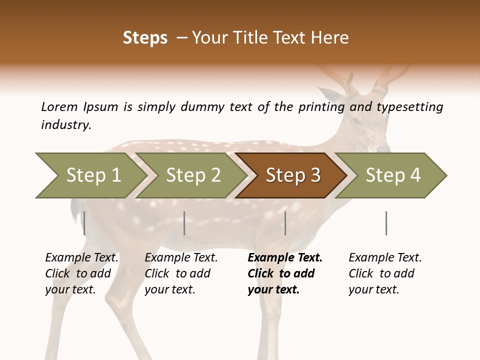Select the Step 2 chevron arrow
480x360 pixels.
click(x=193, y=175)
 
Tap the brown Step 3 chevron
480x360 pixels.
click(x=293, y=175)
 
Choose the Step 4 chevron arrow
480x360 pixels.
click(x=393, y=175)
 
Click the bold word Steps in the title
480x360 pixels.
click(x=145, y=37)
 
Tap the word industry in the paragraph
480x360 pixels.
click(x=66, y=124)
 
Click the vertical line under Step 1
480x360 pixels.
click(x=84, y=223)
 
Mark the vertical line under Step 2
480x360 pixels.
click(x=184, y=223)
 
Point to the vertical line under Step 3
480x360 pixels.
click(x=285, y=223)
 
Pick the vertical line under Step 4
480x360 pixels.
click(x=386, y=223)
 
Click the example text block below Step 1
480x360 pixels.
click(x=82, y=273)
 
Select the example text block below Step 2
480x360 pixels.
click(x=181, y=273)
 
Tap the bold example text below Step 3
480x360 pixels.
click(x=285, y=273)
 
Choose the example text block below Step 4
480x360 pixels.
click(x=385, y=273)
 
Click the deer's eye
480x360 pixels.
click(x=356, y=121)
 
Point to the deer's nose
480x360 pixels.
click(x=383, y=148)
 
